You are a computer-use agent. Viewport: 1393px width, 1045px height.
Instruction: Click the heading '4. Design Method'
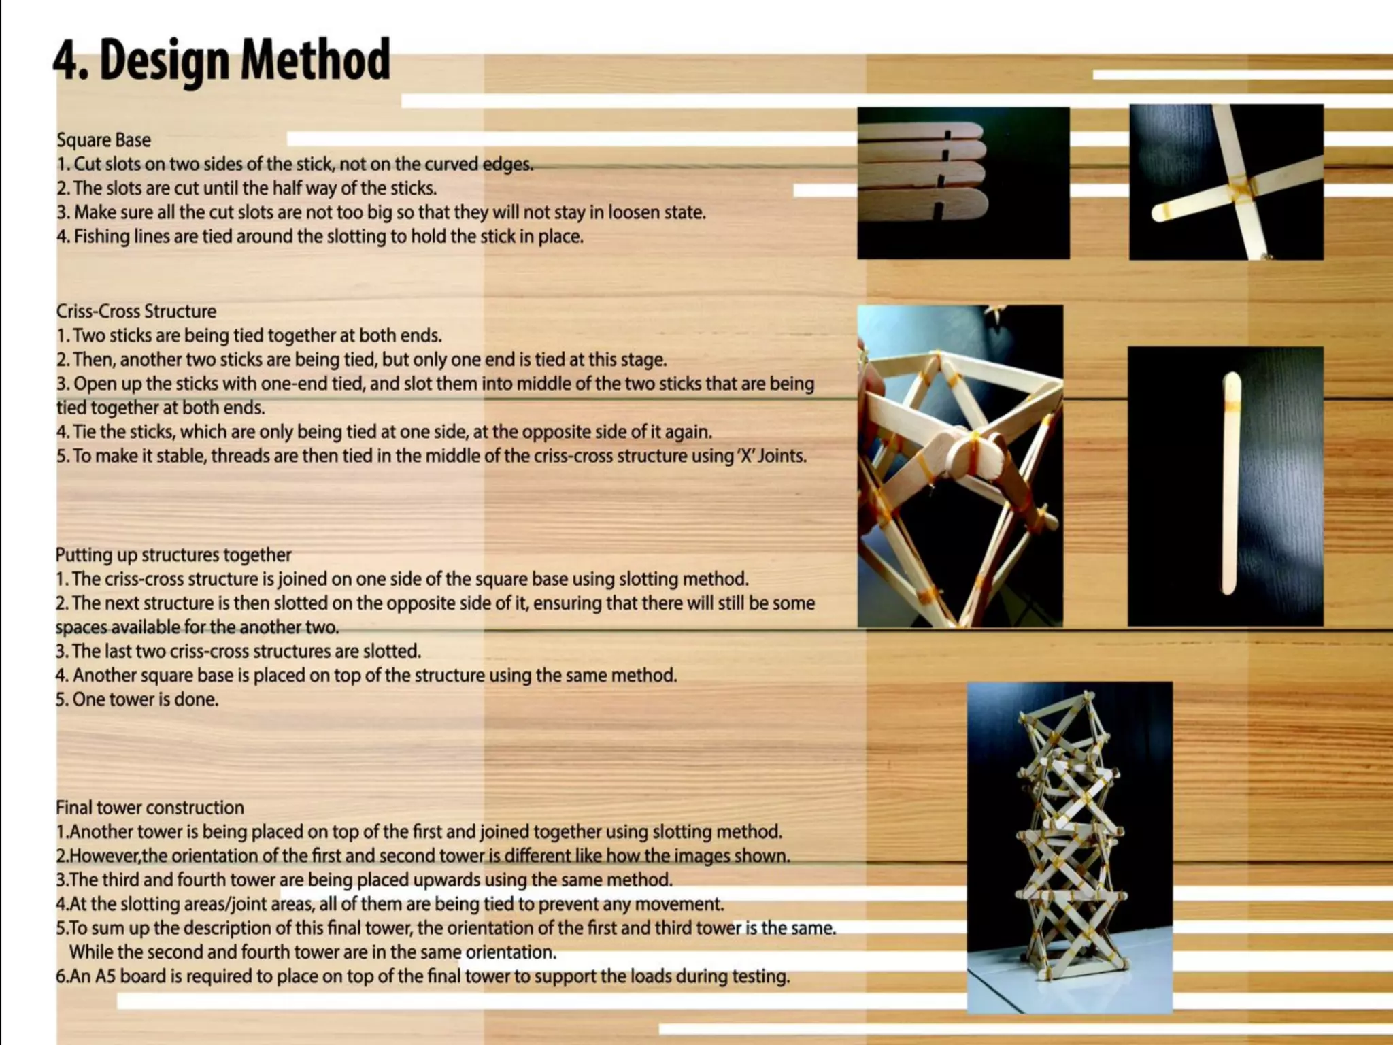tap(222, 61)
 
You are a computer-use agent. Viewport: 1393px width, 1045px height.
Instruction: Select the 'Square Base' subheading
tap(103, 140)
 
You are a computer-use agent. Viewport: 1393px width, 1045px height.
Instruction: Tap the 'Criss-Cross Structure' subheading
tap(136, 312)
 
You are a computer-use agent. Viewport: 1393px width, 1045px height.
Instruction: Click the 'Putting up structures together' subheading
tap(173, 555)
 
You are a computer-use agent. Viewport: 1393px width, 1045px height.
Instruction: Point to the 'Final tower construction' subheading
tap(150, 808)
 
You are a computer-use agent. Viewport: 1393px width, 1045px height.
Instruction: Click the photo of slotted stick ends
tap(962, 182)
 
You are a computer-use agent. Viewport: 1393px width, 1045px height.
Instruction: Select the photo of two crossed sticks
tap(1226, 182)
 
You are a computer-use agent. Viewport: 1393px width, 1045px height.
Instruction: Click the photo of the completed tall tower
tap(1069, 847)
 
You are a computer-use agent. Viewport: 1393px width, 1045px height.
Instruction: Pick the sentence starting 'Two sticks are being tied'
tap(257, 336)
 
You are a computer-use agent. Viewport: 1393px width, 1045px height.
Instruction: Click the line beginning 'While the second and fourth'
tap(313, 952)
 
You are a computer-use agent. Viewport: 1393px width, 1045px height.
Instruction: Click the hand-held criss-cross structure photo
tap(959, 466)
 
